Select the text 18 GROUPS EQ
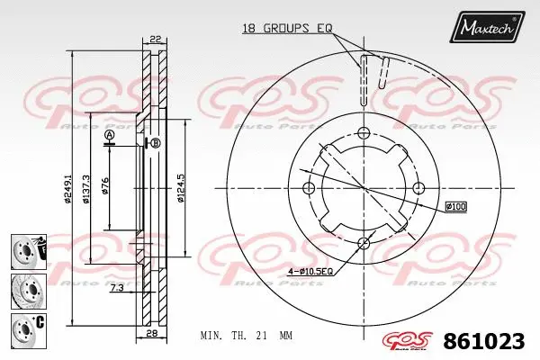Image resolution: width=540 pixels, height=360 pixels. pos(287,29)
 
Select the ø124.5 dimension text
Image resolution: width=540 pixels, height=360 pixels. pos(181,187)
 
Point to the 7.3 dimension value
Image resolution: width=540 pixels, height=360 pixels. pos(117,287)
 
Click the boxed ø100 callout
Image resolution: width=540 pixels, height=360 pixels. pos(455,207)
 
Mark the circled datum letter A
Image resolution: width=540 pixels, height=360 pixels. pos(110,136)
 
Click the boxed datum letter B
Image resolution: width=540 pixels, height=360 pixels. pos(155,143)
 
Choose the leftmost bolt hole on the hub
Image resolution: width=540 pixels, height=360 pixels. pos(308,188)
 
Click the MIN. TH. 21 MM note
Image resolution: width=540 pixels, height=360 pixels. pos(246,334)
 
